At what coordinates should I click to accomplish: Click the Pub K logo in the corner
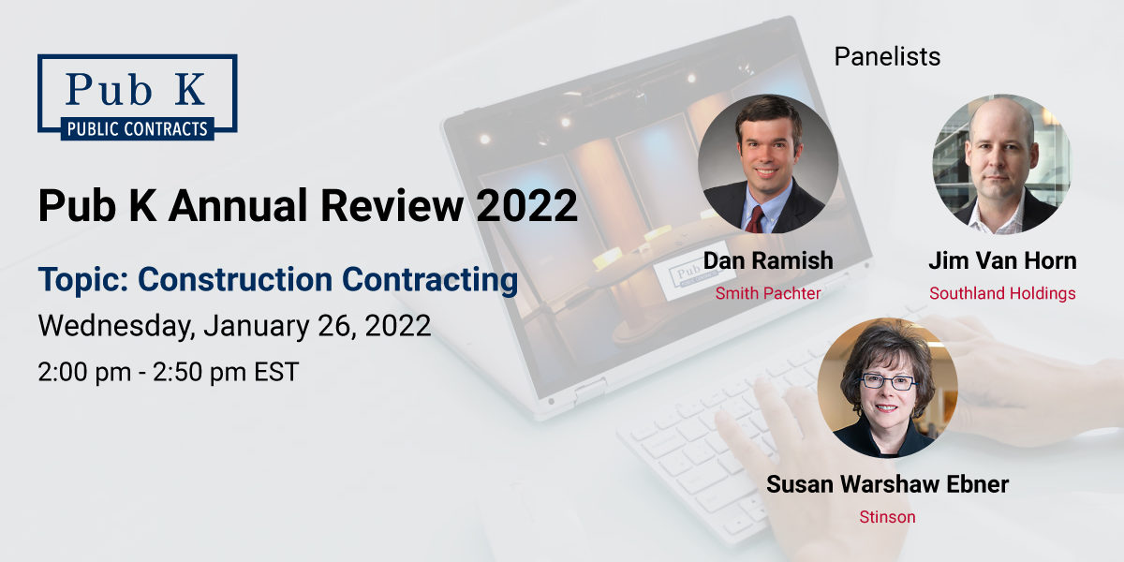tap(137, 96)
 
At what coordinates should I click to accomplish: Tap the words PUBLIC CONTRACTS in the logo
tap(137, 128)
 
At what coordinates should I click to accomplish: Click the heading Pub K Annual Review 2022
tap(307, 205)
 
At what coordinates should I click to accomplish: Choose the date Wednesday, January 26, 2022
tap(234, 326)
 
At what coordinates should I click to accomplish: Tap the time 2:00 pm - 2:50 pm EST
tap(169, 372)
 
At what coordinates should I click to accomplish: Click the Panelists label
tap(887, 57)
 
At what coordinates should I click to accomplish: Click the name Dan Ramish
tap(768, 261)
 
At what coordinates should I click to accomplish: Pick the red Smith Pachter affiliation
tap(768, 293)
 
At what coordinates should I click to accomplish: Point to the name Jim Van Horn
tap(1002, 261)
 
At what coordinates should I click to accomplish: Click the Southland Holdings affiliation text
tap(1002, 293)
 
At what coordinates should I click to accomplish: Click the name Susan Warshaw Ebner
tap(887, 484)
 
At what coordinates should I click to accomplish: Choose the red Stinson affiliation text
tap(887, 516)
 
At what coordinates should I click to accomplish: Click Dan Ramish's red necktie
tap(755, 219)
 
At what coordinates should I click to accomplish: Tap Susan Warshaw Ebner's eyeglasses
tap(887, 381)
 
